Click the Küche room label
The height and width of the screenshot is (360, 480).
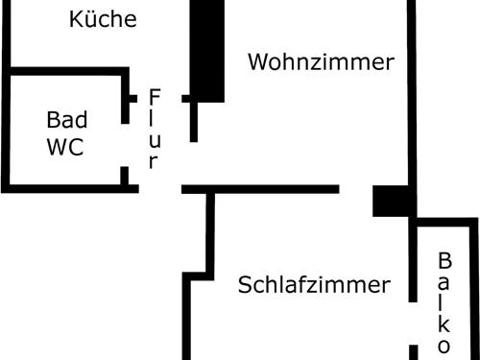pos(103,19)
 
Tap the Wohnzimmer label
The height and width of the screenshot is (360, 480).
pos(321,62)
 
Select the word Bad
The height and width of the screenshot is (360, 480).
pos(67,120)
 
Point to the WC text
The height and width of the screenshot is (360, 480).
pos(64,147)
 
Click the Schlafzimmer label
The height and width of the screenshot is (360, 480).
pos(314,285)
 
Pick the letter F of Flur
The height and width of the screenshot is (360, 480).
pos(155,98)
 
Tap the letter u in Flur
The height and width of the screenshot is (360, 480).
pos(154,140)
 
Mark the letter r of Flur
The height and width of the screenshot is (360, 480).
pos(154,161)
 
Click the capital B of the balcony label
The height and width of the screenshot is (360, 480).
pos(444,260)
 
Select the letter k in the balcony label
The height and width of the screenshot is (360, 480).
pos(444,323)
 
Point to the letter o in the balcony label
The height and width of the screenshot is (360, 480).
pos(444,344)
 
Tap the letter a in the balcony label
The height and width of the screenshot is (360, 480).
pos(444,282)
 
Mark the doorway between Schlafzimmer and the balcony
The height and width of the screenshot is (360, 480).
pos(414,324)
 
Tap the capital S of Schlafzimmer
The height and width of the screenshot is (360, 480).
pos(245,285)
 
